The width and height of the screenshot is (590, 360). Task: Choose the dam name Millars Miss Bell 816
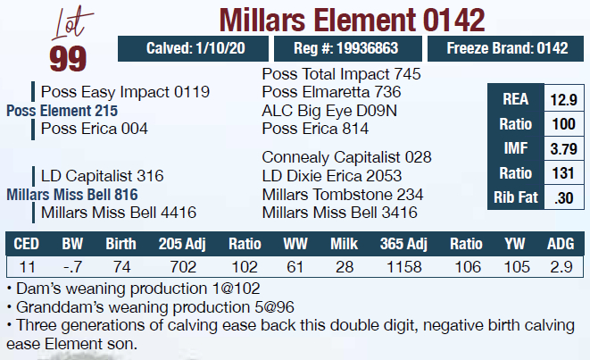72,194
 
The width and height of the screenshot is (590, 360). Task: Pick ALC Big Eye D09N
329,110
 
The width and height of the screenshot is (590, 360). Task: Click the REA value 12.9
563,99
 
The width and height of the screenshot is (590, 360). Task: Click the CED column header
27,244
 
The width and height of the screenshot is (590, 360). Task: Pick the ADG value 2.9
561,267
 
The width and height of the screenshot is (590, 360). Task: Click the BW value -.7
72,267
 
